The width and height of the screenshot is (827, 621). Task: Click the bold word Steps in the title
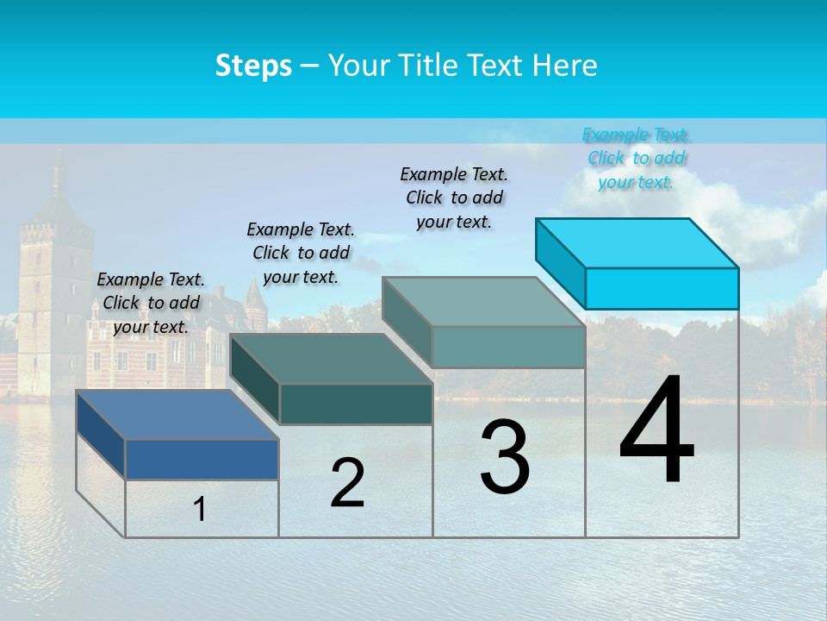click(x=252, y=66)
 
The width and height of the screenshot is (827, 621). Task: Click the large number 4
click(x=656, y=430)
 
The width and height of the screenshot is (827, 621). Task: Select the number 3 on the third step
click(x=504, y=457)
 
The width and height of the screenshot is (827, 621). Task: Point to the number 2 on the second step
click(x=347, y=483)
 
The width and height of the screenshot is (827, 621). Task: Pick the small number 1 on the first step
click(x=200, y=510)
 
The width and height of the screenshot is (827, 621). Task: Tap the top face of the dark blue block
click(x=177, y=414)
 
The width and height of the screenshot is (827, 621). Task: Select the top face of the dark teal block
click(x=331, y=359)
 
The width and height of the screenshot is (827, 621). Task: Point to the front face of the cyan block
click(x=662, y=288)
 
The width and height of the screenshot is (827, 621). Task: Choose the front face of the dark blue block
click(x=202, y=459)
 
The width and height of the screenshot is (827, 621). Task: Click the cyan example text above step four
click(x=636, y=158)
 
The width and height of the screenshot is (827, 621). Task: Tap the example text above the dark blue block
click(x=151, y=303)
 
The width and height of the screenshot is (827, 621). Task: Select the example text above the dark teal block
click(x=301, y=253)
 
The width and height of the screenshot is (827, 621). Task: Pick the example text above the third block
click(x=454, y=198)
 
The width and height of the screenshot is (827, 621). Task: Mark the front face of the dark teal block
click(x=356, y=404)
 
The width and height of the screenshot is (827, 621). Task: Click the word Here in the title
click(x=565, y=66)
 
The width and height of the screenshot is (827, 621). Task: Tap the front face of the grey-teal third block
click(x=508, y=348)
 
